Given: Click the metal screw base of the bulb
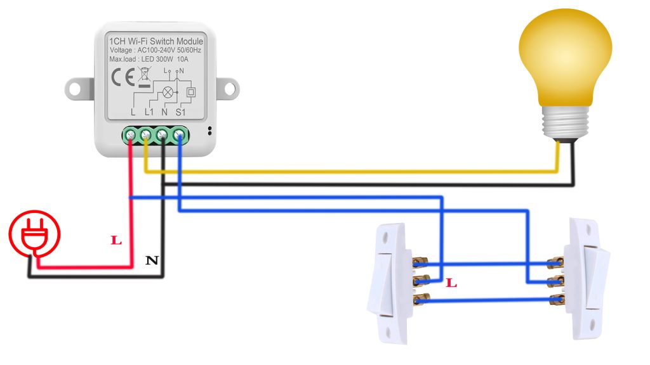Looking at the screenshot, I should [x=559, y=123].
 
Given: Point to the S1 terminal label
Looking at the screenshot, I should [x=180, y=112].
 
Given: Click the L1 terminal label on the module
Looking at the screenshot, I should [x=149, y=112].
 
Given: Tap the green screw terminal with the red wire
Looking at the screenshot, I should [x=131, y=134].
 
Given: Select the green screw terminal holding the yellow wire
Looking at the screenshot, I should [x=147, y=134].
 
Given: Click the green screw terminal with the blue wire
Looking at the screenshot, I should [x=180, y=134].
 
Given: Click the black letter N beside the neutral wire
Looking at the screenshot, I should [x=152, y=260].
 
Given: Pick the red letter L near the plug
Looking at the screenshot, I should [x=116, y=241].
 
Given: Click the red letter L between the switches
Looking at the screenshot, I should [x=451, y=283].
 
